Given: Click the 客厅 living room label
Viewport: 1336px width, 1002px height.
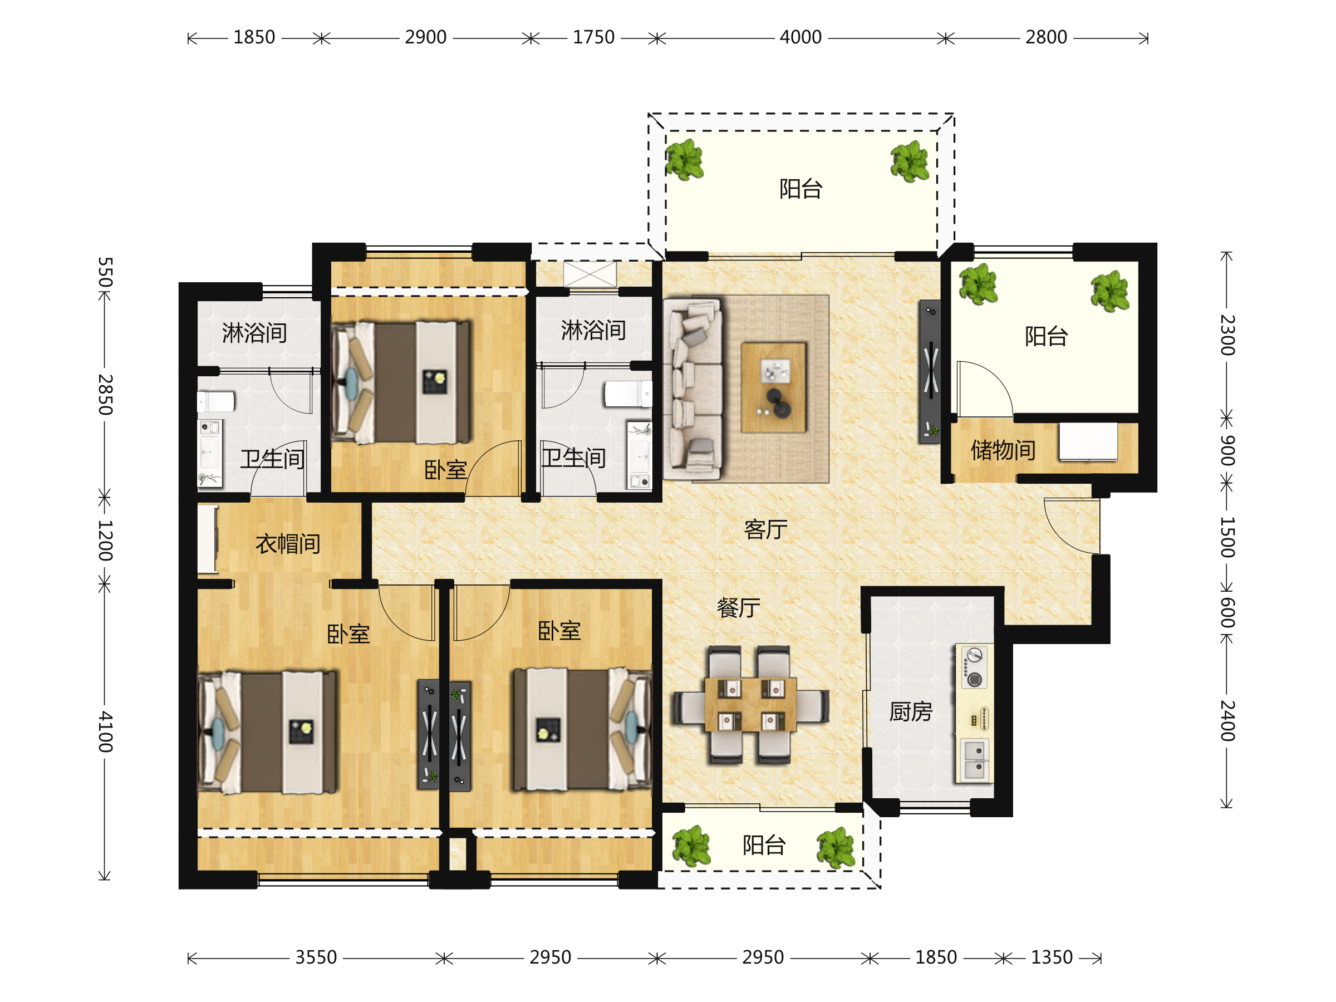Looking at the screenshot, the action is [765, 530].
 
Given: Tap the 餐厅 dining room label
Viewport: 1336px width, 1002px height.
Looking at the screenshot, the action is [738, 608].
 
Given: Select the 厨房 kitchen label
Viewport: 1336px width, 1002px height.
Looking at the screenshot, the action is [911, 711].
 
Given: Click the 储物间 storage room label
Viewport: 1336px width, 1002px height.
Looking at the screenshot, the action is [1003, 450].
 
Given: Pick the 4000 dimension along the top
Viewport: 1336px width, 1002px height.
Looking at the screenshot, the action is [800, 37].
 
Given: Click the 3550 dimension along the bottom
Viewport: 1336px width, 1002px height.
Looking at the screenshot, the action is [316, 957].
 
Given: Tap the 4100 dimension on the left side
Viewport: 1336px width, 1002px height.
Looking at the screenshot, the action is [105, 731].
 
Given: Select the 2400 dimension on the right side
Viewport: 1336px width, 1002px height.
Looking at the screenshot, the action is [1227, 720].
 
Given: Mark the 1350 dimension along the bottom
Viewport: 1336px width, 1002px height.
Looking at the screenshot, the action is [1052, 957].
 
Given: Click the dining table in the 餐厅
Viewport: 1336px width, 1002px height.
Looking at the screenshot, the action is [750, 705].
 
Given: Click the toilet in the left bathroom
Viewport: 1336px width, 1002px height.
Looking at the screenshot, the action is [215, 402].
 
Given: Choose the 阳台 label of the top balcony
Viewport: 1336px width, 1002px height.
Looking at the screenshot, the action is [800, 189].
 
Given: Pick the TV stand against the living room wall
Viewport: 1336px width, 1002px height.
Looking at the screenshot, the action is [931, 372].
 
